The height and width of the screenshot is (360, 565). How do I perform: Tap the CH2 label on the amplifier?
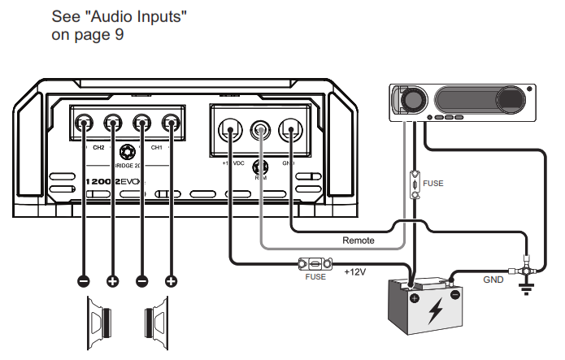coord(98,149)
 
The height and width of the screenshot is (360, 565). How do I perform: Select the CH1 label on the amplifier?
coord(158,149)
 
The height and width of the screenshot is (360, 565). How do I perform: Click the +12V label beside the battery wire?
coord(356,271)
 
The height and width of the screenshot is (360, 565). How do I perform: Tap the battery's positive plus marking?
coord(415,298)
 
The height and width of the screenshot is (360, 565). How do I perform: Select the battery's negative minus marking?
coord(455,295)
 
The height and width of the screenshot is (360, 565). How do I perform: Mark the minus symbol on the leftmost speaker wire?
coord(83,281)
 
